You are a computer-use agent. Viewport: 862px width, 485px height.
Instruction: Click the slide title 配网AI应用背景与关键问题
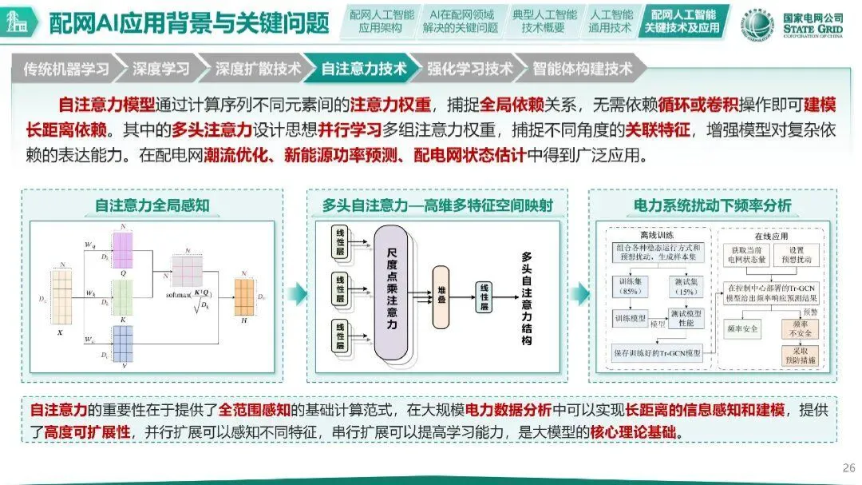point(189,23)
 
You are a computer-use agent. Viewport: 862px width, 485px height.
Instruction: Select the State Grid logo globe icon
point(757,24)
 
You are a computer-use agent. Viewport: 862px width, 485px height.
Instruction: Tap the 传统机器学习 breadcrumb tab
point(66,69)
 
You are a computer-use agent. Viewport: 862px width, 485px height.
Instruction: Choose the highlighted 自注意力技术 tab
point(363,69)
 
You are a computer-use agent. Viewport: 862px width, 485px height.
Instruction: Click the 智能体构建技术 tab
point(583,69)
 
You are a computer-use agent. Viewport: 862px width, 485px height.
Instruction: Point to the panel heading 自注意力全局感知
point(152,205)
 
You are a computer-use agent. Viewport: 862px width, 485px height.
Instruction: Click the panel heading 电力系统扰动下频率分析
point(712,205)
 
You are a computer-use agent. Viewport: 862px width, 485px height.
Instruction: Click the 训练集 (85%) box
point(629,285)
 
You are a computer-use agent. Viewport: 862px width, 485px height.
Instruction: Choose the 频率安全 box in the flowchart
point(741,327)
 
